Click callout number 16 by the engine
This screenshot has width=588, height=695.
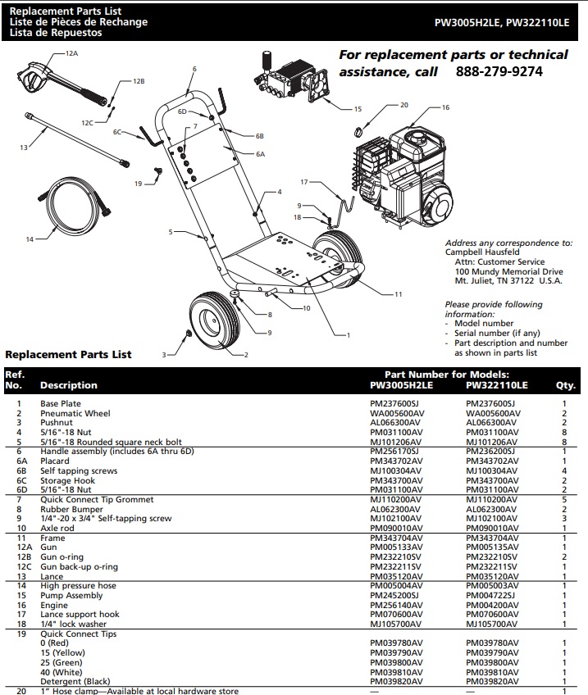[445, 108]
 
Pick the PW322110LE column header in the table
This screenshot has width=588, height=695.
[496, 385]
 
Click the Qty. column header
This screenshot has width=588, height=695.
[565, 385]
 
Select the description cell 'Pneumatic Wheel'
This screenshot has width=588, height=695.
[75, 414]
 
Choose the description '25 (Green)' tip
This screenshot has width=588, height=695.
[63, 662]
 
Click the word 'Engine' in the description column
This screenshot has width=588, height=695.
[53, 605]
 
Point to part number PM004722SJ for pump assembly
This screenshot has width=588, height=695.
[491, 595]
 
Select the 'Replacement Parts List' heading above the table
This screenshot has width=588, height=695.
[68, 355]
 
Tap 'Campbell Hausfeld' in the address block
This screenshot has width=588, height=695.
[481, 252]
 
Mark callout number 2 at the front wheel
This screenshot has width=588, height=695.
[245, 355]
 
